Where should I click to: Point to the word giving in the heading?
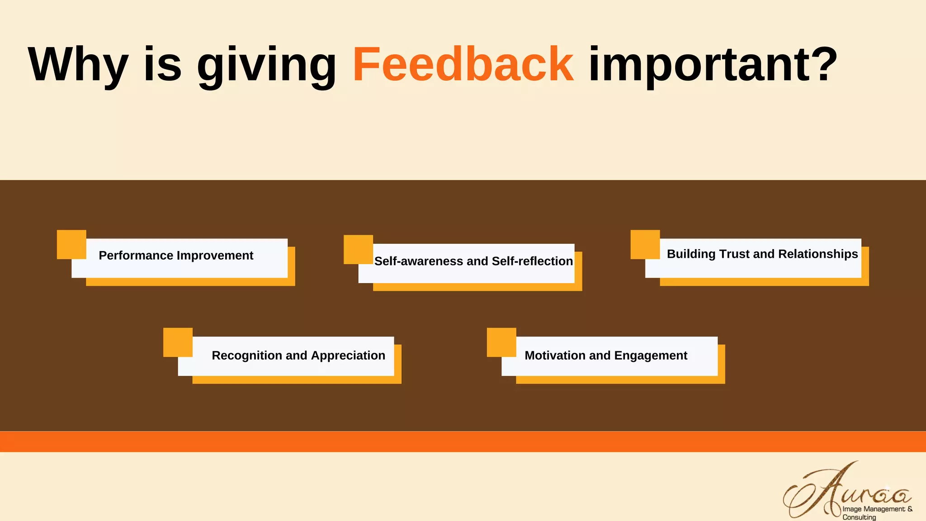267,66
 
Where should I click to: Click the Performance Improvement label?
176,256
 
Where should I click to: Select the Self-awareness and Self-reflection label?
473,261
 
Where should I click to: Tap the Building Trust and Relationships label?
762,254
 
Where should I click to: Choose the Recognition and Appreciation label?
298,355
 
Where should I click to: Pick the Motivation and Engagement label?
606,355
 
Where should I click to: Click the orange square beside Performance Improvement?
71,244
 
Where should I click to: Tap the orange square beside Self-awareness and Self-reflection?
358,249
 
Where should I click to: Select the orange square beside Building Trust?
645,244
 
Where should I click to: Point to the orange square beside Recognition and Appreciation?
178,342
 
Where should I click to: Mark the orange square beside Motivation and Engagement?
501,342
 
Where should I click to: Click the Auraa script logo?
846,491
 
